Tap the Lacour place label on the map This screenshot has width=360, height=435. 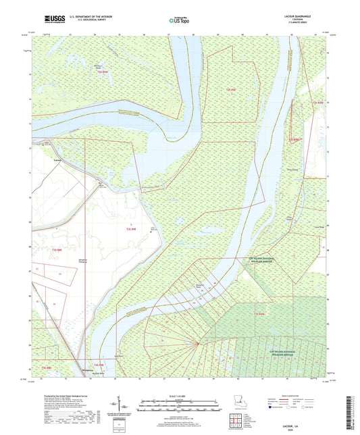(x=57, y=160)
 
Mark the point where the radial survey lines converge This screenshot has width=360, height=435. (x=197, y=344)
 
